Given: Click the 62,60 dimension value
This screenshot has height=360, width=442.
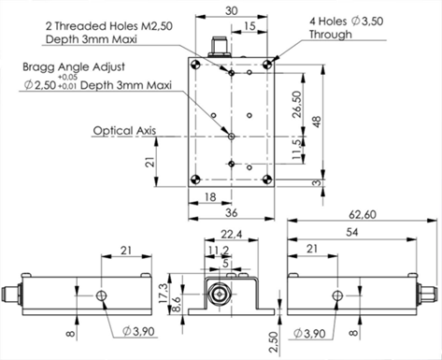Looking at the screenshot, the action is click(363, 214).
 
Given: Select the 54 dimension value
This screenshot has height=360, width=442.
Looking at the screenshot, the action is click(352, 232).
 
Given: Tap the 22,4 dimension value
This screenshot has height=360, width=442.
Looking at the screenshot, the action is click(232, 234).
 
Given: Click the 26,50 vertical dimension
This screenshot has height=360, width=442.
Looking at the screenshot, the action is click(297, 104).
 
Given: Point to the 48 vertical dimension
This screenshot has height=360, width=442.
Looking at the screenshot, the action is click(317, 122).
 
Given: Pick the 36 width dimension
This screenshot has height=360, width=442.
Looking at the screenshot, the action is click(232, 212).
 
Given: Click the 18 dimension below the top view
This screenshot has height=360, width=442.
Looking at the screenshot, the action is click(210, 197).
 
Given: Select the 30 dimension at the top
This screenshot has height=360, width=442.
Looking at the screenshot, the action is click(232, 11).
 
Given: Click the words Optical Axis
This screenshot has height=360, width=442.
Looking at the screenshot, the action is click(124, 131).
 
